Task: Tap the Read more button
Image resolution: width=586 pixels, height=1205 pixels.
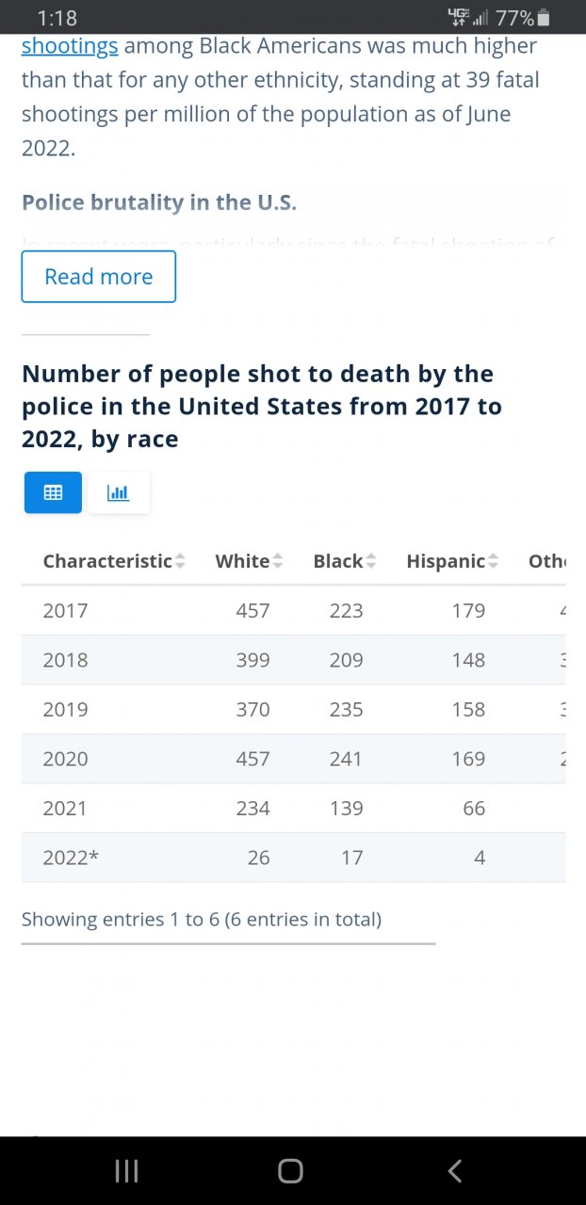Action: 98,277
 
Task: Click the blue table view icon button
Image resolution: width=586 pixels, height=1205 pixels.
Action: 53,492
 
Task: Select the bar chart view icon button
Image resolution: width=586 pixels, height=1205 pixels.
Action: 119,492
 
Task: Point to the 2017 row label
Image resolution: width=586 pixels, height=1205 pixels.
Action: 65,611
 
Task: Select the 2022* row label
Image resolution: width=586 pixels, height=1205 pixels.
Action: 71,858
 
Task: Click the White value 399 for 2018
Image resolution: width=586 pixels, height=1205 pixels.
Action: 252,660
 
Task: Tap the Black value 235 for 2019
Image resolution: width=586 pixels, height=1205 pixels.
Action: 346,710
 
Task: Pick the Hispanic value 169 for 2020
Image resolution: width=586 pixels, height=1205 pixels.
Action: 468,759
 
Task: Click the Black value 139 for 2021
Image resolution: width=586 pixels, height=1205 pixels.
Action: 346,809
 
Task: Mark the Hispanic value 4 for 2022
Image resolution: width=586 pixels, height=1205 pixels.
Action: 480,858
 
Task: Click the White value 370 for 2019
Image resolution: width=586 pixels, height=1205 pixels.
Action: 252,710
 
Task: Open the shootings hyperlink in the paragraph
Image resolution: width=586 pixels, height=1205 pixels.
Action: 70,46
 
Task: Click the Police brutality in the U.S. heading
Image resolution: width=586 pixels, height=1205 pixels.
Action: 159,202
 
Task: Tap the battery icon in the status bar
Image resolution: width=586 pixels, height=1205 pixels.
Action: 544,18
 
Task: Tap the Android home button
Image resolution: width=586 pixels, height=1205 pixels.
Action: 290,1170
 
